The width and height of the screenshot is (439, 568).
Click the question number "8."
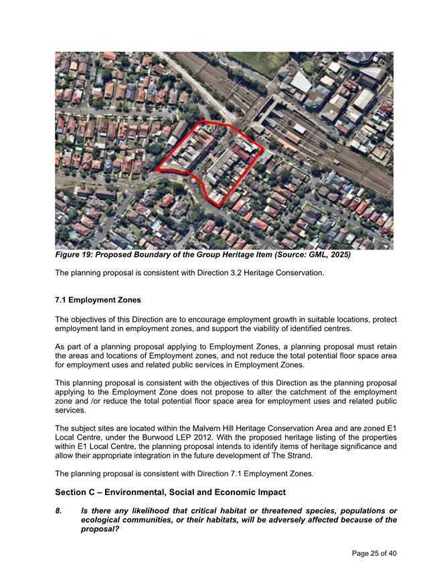point(59,510)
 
